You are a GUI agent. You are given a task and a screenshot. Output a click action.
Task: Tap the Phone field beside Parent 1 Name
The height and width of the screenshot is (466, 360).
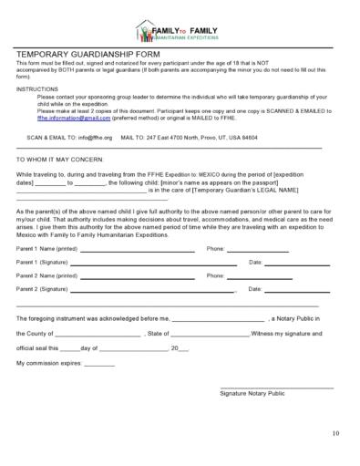258,250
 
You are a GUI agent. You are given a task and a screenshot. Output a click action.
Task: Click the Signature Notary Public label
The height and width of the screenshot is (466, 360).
252,393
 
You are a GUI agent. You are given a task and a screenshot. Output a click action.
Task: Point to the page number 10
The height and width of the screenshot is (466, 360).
335,431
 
